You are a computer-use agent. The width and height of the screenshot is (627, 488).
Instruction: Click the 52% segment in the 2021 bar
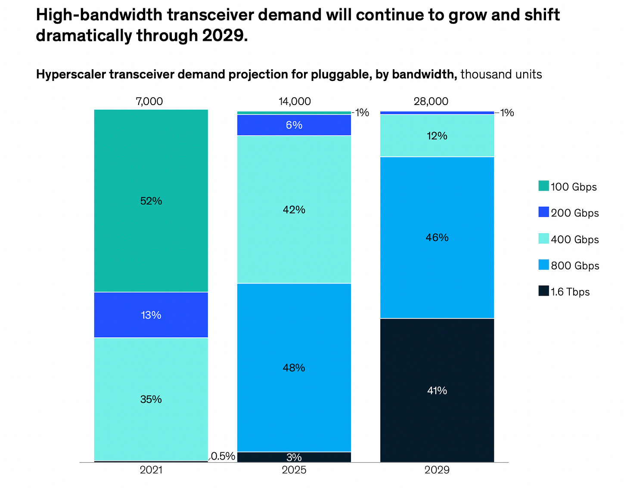coord(151,201)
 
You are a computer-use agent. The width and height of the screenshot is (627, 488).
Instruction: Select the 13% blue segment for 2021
coord(151,315)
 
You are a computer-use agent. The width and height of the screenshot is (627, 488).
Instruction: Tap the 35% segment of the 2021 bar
coord(151,399)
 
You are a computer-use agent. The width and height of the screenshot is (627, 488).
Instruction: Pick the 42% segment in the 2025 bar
coord(294,210)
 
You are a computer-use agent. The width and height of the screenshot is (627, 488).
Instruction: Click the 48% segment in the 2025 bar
coord(294,368)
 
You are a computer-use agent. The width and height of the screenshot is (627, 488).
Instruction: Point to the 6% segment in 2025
coord(294,125)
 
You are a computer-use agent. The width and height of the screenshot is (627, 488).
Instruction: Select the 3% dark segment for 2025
coord(294,457)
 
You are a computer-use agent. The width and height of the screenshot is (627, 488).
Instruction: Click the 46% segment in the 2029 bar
coord(437,238)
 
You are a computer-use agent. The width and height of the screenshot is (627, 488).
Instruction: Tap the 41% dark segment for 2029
coord(437,390)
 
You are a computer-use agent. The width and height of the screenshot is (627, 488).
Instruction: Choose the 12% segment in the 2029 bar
coord(437,136)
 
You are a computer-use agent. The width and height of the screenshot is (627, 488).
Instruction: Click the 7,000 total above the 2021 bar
coord(149,102)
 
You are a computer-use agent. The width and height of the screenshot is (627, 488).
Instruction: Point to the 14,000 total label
coord(295,102)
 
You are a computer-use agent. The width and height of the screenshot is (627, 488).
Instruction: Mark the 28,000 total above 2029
coord(431,102)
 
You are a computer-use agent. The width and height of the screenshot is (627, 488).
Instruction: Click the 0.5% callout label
coord(223,456)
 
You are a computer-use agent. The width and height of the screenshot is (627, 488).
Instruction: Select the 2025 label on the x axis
coord(294,470)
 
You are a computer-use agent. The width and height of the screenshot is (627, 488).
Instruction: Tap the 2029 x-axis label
coord(437,470)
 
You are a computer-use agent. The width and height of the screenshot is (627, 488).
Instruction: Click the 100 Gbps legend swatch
coord(543,186)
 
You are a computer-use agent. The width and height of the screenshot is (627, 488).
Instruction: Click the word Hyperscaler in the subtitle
coord(71,74)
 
